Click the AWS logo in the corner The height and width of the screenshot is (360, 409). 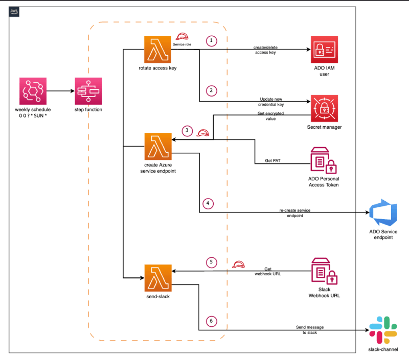click(14, 11)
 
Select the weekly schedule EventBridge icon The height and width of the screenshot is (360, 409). click(33, 91)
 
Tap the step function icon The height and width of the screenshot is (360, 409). click(88, 91)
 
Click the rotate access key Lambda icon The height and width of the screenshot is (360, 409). click(157, 50)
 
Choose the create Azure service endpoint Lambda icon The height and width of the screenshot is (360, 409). click(158, 147)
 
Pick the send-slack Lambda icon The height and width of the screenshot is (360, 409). click(158, 278)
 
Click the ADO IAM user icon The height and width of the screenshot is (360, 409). click(324, 50)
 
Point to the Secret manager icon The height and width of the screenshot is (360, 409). click(324, 108)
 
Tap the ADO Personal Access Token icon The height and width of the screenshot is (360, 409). click(324, 160)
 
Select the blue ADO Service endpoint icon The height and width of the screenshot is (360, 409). click(383, 212)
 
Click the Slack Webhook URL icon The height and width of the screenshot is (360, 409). click(324, 271)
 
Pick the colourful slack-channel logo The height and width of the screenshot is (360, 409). click(383, 330)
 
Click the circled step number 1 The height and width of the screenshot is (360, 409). click(211, 41)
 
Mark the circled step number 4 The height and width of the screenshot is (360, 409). click(208, 203)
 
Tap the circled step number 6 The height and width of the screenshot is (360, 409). click(211, 321)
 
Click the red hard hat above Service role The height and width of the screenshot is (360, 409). click(182, 36)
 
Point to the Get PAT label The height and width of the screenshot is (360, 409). click(272, 161)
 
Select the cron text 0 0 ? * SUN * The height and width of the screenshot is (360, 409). click(33, 115)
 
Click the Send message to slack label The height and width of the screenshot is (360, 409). click(310, 330)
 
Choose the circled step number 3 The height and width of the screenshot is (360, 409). click(187, 131)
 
